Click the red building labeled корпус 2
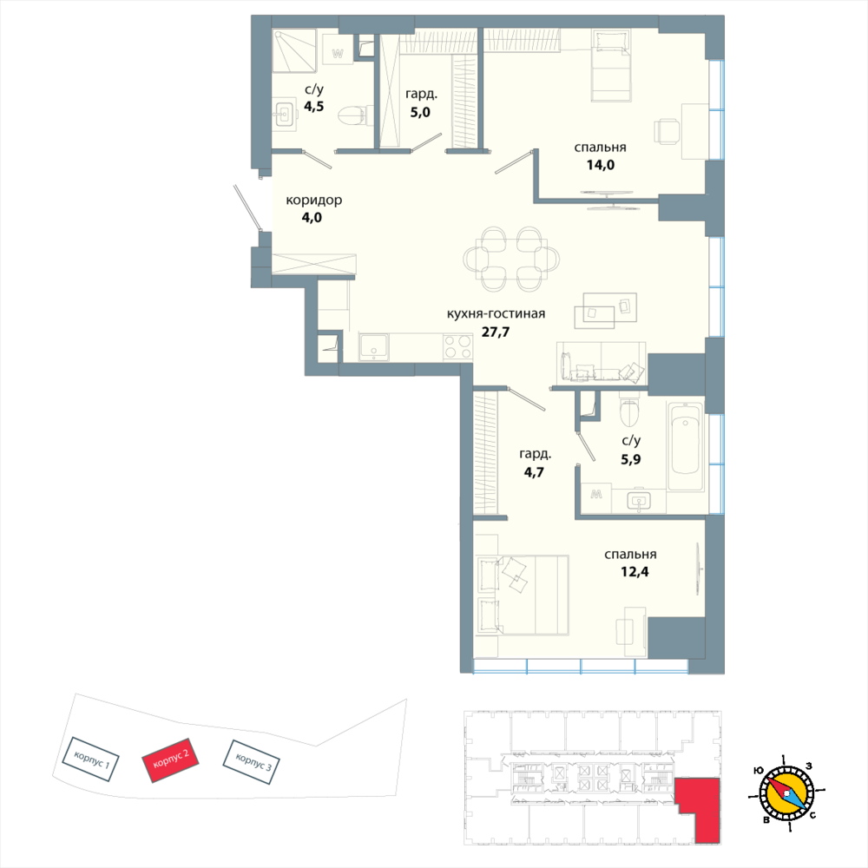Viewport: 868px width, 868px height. [170, 759]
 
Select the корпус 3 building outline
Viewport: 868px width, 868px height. [251, 762]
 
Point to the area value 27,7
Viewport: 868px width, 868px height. [495, 332]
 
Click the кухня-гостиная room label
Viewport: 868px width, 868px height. [496, 314]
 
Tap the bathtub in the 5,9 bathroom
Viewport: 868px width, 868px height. [686, 447]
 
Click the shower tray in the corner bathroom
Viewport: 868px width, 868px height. [294, 51]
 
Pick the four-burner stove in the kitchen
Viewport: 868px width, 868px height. [457, 347]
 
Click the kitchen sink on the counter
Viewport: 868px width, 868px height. [374, 347]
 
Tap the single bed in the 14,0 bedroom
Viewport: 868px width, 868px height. [612, 66]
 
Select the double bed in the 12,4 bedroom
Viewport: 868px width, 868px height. [522, 594]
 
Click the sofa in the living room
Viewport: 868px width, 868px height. [602, 362]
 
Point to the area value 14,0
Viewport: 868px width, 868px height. [601, 165]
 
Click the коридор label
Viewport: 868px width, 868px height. [314, 200]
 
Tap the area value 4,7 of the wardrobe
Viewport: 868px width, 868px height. [534, 472]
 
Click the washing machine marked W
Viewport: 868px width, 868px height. [338, 54]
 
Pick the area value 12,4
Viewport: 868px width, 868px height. [635, 572]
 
